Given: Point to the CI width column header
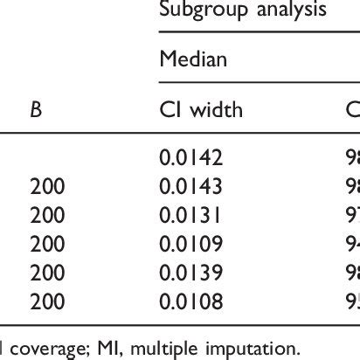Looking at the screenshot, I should coord(200,110).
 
